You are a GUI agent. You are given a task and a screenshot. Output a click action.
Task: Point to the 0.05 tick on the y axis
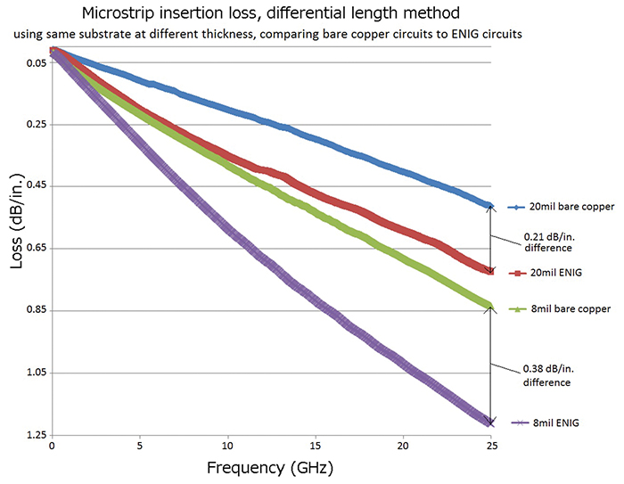coord(36,62)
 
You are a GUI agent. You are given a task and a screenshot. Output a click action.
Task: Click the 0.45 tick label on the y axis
coord(36,186)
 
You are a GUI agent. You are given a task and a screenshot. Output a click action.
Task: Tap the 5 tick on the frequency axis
coord(140,445)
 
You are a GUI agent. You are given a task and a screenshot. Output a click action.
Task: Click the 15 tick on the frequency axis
coord(316,445)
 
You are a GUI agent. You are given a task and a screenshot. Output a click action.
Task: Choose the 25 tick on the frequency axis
coord(491,445)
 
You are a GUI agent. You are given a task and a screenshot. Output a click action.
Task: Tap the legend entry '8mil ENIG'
coord(550,422)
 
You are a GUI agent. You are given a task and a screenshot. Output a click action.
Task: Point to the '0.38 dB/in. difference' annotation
coord(545,375)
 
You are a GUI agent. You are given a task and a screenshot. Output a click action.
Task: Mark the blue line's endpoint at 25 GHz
coord(489,206)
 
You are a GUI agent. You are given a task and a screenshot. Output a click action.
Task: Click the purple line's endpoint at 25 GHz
coord(489,422)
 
